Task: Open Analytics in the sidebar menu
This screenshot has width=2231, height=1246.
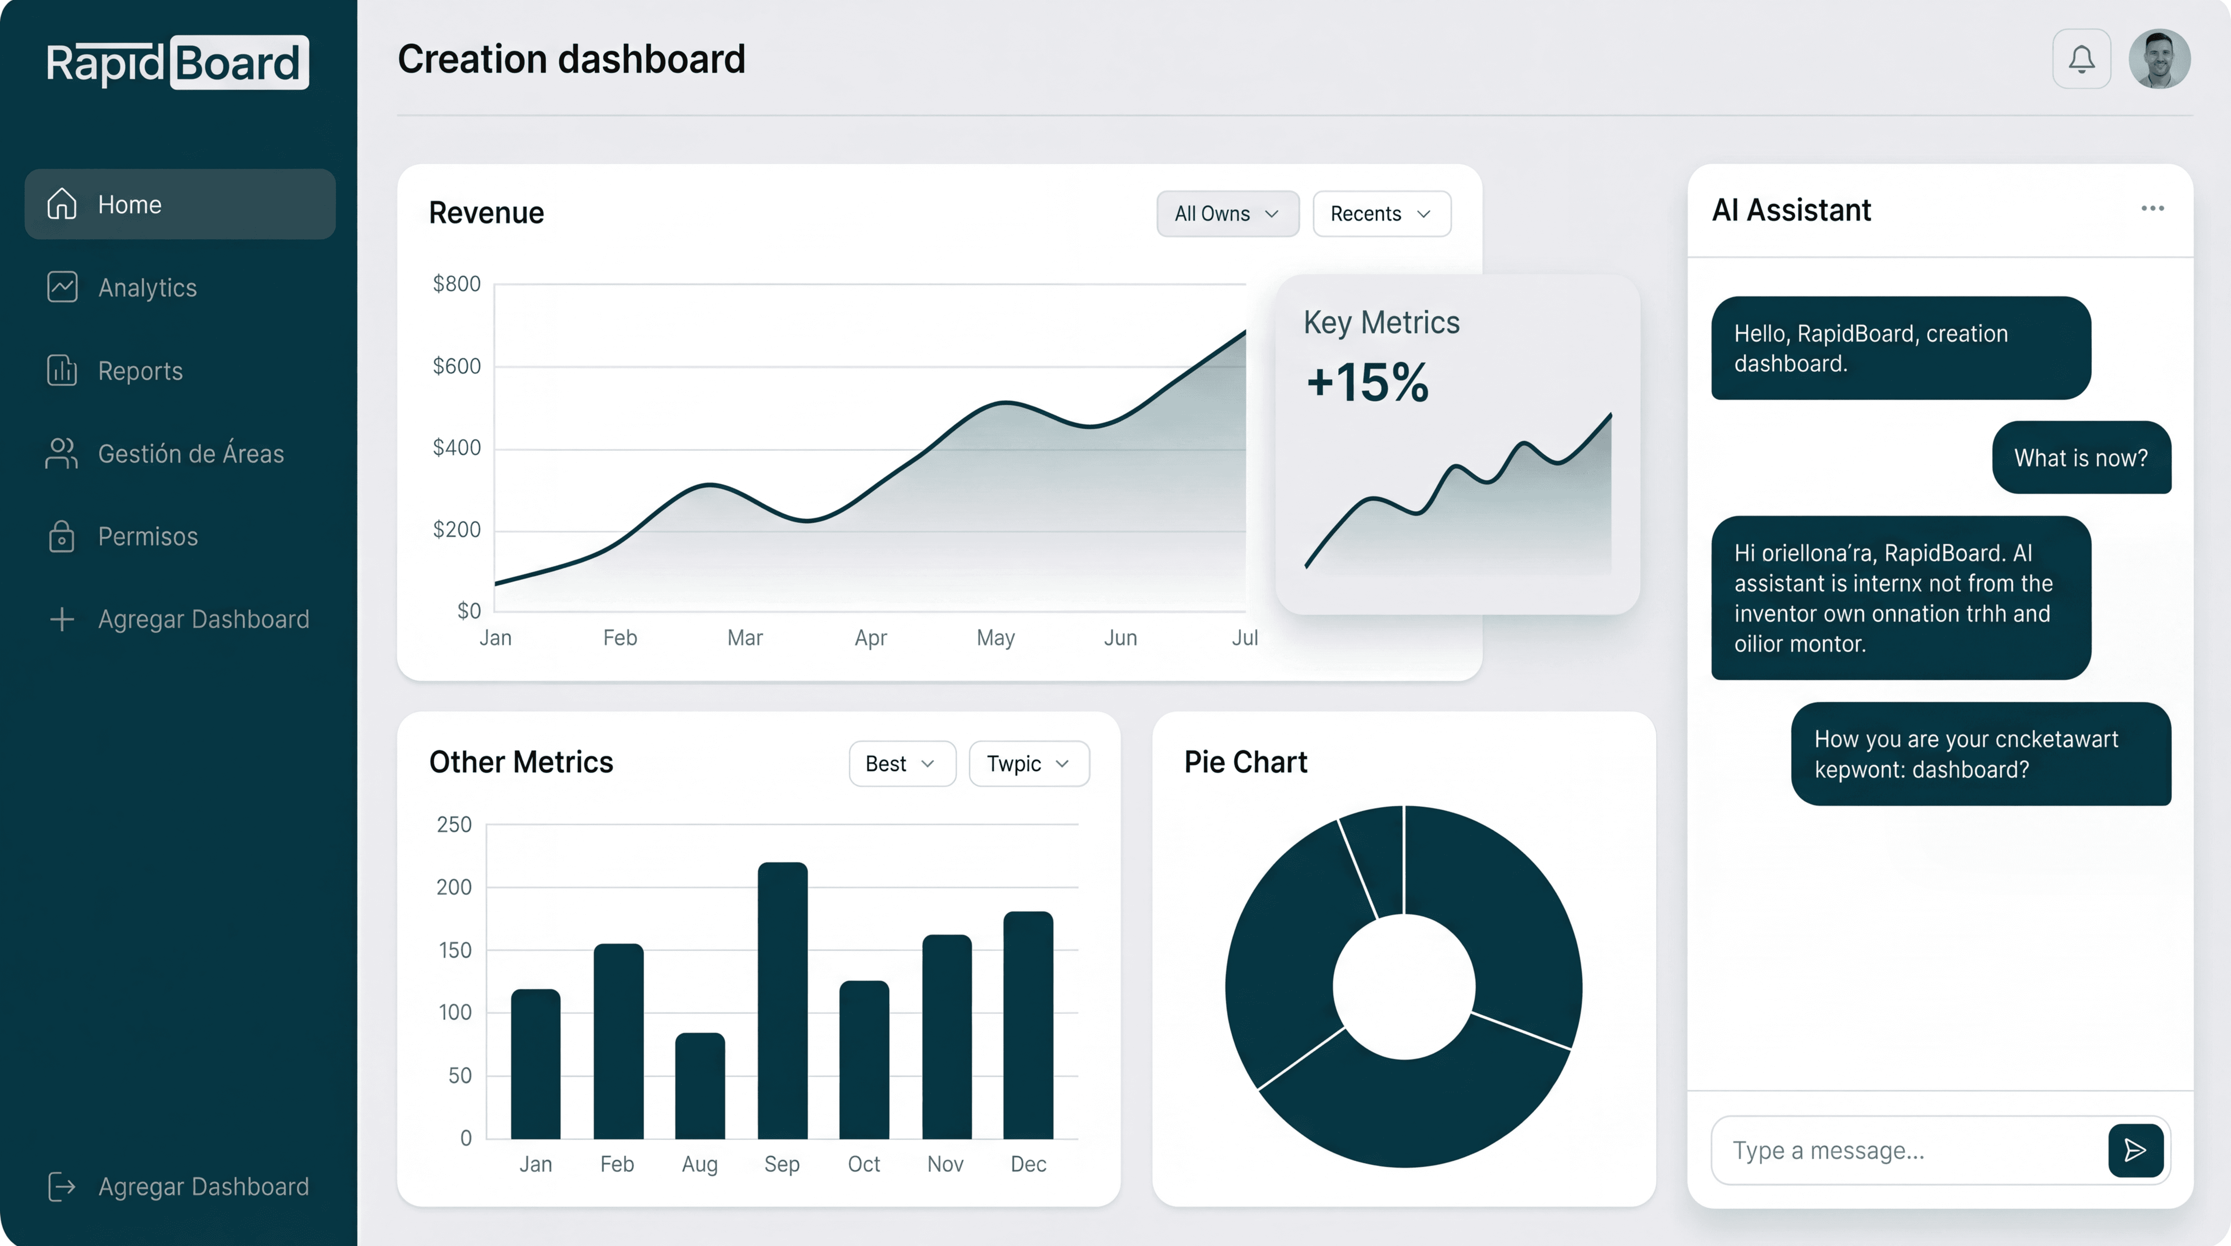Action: pyautogui.click(x=147, y=288)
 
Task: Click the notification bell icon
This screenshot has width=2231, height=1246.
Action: pyautogui.click(x=2081, y=59)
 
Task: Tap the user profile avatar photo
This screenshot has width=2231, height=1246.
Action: pyautogui.click(x=2159, y=59)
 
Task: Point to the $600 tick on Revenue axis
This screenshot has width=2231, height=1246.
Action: pyautogui.click(x=456, y=366)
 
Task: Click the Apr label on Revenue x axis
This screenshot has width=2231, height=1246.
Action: pyautogui.click(x=870, y=638)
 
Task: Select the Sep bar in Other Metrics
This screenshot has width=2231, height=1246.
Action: pyautogui.click(x=782, y=1001)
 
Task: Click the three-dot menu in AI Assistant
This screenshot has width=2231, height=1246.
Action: pyautogui.click(x=2152, y=209)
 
